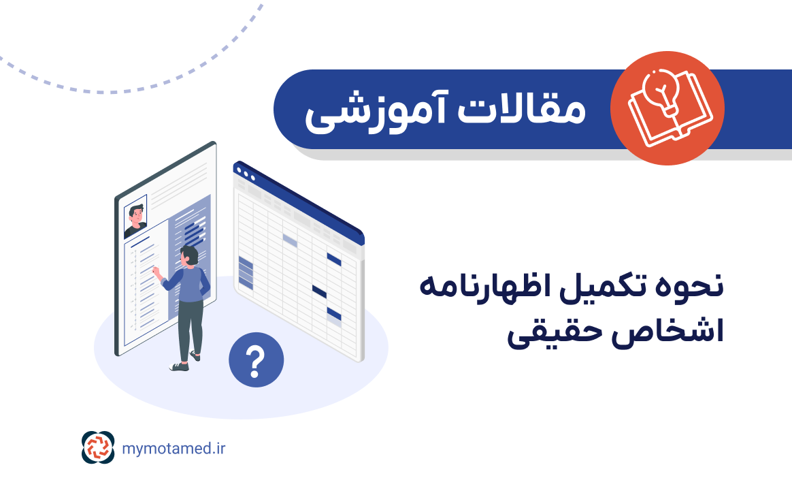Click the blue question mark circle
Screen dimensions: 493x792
256,360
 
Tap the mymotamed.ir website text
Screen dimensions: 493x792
174,448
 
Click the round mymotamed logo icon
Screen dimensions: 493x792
99,447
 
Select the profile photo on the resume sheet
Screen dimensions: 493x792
135,217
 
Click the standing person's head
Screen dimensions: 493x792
189,256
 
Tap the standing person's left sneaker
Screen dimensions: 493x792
179,366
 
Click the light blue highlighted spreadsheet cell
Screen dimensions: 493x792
290,240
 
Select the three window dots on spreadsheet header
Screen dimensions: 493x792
245,174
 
